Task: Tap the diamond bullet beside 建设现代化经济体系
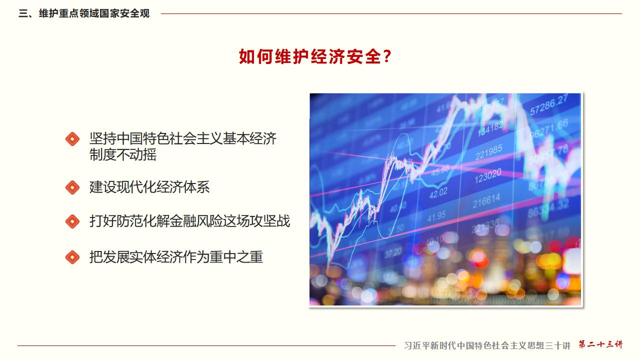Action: click(72, 187)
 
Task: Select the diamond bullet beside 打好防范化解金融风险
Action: click(72, 221)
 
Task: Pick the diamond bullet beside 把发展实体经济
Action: click(72, 257)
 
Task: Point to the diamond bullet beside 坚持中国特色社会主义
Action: click(72, 139)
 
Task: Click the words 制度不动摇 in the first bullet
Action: click(123, 155)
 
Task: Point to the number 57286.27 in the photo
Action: click(548, 105)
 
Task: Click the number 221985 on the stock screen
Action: click(488, 151)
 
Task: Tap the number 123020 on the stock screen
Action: click(487, 176)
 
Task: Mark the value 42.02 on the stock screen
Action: click(437, 192)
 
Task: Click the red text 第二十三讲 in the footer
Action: click(600, 344)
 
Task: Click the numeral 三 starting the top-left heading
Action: click(22, 13)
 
